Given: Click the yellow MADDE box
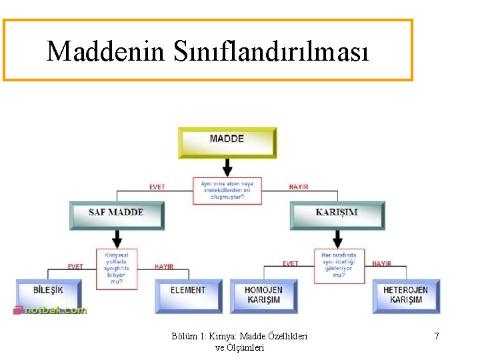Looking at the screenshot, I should (227, 142).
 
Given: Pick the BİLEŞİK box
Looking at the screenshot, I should (49, 293).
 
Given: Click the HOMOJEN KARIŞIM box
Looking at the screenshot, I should (263, 295).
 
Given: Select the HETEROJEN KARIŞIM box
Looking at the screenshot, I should (405, 295).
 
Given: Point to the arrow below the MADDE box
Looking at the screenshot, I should (227, 167).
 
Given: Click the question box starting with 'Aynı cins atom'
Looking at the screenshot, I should (227, 191).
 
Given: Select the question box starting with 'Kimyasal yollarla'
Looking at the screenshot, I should (117, 269).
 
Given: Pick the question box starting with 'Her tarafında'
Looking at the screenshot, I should (339, 265).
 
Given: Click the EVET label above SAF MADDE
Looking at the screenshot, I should (157, 187).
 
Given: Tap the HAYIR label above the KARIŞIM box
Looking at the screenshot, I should (299, 187).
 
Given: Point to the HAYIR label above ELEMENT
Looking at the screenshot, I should (164, 267).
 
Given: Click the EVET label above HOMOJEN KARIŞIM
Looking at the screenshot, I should (290, 264).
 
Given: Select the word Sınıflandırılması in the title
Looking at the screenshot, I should (271, 51).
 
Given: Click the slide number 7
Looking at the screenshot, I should (437, 336).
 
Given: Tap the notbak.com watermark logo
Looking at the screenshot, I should (51, 311).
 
